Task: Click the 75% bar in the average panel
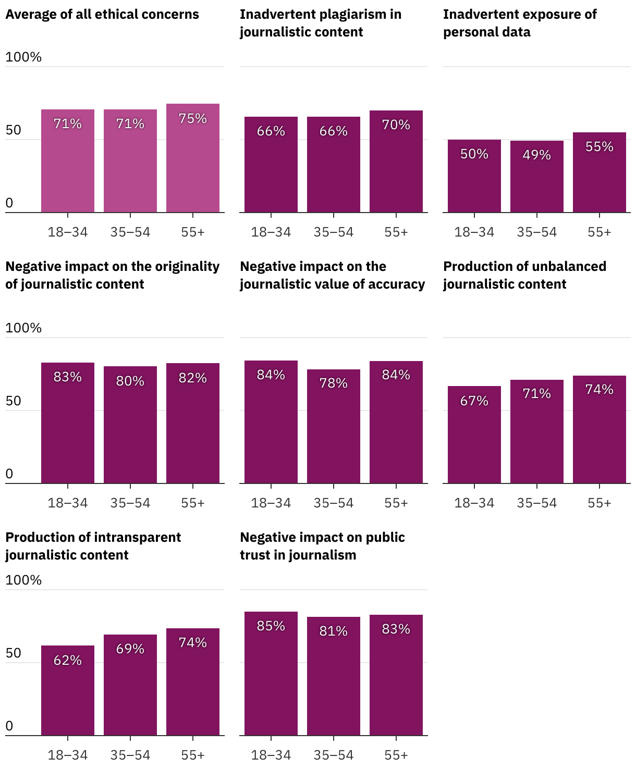tap(193, 159)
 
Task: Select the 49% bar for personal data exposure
tap(537, 177)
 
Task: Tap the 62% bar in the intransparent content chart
tap(68, 691)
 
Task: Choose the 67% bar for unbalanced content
tap(474, 434)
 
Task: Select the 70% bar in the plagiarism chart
tap(396, 162)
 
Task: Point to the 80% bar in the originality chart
tap(130, 425)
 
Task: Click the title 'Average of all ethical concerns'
tap(102, 14)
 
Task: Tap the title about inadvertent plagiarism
tap(321, 23)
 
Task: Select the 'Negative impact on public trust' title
tap(322, 546)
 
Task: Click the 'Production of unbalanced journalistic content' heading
tap(524, 275)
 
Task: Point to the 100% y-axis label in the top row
tap(23, 57)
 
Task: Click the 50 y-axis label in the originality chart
tap(14, 401)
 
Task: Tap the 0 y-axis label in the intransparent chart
tap(9, 726)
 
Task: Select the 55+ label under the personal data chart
tap(600, 232)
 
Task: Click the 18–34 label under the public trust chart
tap(271, 755)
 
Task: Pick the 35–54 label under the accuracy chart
tap(334, 503)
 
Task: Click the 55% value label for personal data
tap(600, 146)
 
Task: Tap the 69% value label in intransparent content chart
tap(130, 649)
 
